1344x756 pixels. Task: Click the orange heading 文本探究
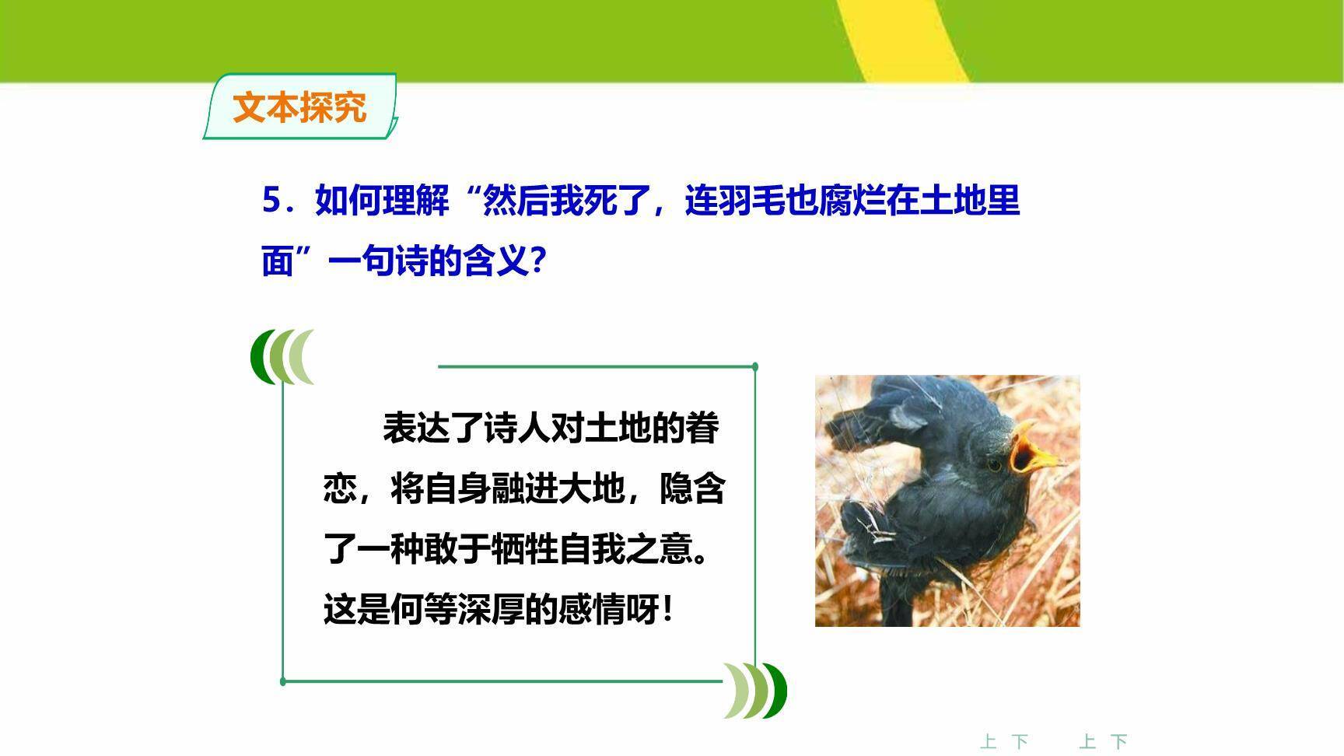point(299,107)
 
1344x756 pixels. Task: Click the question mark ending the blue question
point(537,261)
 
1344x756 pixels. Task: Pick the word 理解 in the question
point(416,201)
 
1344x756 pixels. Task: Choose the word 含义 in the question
point(496,261)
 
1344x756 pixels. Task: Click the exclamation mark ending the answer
point(668,610)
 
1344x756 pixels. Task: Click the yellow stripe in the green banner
point(902,39)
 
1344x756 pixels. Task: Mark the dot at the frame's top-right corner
point(755,366)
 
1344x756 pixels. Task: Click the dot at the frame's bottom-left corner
point(283,681)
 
